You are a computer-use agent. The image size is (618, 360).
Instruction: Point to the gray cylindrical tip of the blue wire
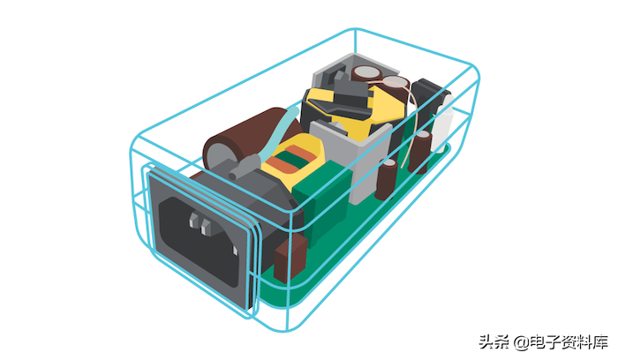click(244, 167)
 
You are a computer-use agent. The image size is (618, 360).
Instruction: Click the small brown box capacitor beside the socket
click(290, 259)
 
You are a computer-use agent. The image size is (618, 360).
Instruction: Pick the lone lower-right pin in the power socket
click(235, 251)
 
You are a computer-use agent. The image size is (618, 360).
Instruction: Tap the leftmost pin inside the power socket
click(193, 221)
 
